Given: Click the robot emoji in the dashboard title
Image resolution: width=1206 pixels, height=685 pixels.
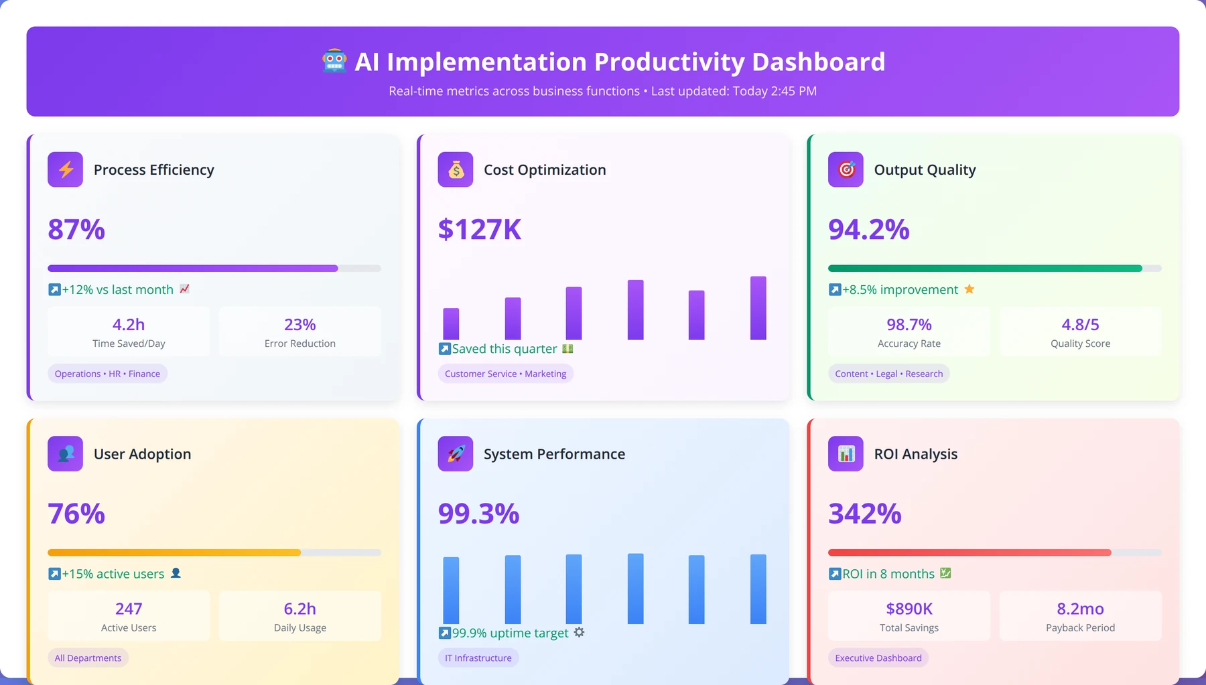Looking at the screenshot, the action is (x=334, y=62).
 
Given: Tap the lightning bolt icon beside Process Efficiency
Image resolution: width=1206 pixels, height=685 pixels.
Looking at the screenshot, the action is (x=66, y=170).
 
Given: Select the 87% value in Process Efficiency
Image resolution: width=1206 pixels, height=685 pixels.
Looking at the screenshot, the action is (x=76, y=230).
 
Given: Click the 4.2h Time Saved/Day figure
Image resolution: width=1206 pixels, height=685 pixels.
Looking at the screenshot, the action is (x=129, y=325).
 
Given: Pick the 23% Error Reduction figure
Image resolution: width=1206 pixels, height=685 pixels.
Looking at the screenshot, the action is (x=300, y=325).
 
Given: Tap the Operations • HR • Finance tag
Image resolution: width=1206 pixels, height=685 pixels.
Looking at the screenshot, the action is (x=107, y=374).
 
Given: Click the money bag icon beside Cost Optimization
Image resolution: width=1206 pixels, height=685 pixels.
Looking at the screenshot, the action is (x=456, y=170).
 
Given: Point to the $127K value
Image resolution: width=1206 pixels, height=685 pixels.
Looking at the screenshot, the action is (x=480, y=230).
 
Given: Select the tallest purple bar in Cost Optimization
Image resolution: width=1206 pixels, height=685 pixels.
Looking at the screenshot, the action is (x=758, y=308).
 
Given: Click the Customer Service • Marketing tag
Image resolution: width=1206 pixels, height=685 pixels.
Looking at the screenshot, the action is (x=505, y=374).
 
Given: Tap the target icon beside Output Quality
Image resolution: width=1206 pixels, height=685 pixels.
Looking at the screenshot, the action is (x=846, y=170).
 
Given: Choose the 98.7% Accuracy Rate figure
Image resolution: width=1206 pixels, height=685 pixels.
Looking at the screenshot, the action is (x=909, y=325).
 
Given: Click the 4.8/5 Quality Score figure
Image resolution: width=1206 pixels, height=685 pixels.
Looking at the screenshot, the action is (x=1080, y=325).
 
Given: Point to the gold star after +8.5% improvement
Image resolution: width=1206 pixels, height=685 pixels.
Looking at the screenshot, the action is (x=969, y=289).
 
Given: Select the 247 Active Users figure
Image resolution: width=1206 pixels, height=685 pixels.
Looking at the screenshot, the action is (x=129, y=609).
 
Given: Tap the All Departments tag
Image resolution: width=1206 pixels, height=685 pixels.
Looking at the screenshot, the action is (x=88, y=658).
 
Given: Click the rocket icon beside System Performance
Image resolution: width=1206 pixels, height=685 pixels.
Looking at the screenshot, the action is (x=456, y=454).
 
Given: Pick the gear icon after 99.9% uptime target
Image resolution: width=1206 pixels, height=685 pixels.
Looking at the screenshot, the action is (x=579, y=632).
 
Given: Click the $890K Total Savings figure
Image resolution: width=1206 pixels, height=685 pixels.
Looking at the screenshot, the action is (x=909, y=609).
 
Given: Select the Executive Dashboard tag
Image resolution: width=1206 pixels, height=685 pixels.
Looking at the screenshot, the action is (x=878, y=658).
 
